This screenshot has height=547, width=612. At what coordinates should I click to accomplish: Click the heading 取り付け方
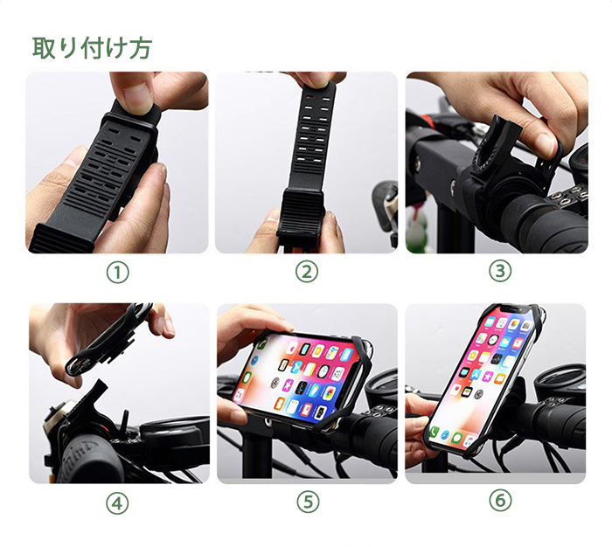(92, 48)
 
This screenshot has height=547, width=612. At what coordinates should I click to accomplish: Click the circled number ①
(117, 273)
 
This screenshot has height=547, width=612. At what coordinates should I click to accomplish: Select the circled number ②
(306, 272)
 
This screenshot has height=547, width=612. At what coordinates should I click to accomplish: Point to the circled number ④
(117, 503)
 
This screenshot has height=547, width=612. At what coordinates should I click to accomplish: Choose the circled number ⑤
(308, 502)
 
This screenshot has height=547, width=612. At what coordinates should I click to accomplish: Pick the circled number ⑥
(500, 500)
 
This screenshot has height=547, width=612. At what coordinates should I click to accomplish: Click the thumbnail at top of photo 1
(138, 94)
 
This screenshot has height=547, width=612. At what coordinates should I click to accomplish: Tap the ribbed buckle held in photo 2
(301, 212)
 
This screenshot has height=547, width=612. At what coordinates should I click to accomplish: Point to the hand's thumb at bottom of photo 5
(233, 411)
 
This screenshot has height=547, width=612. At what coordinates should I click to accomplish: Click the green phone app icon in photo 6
(434, 432)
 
